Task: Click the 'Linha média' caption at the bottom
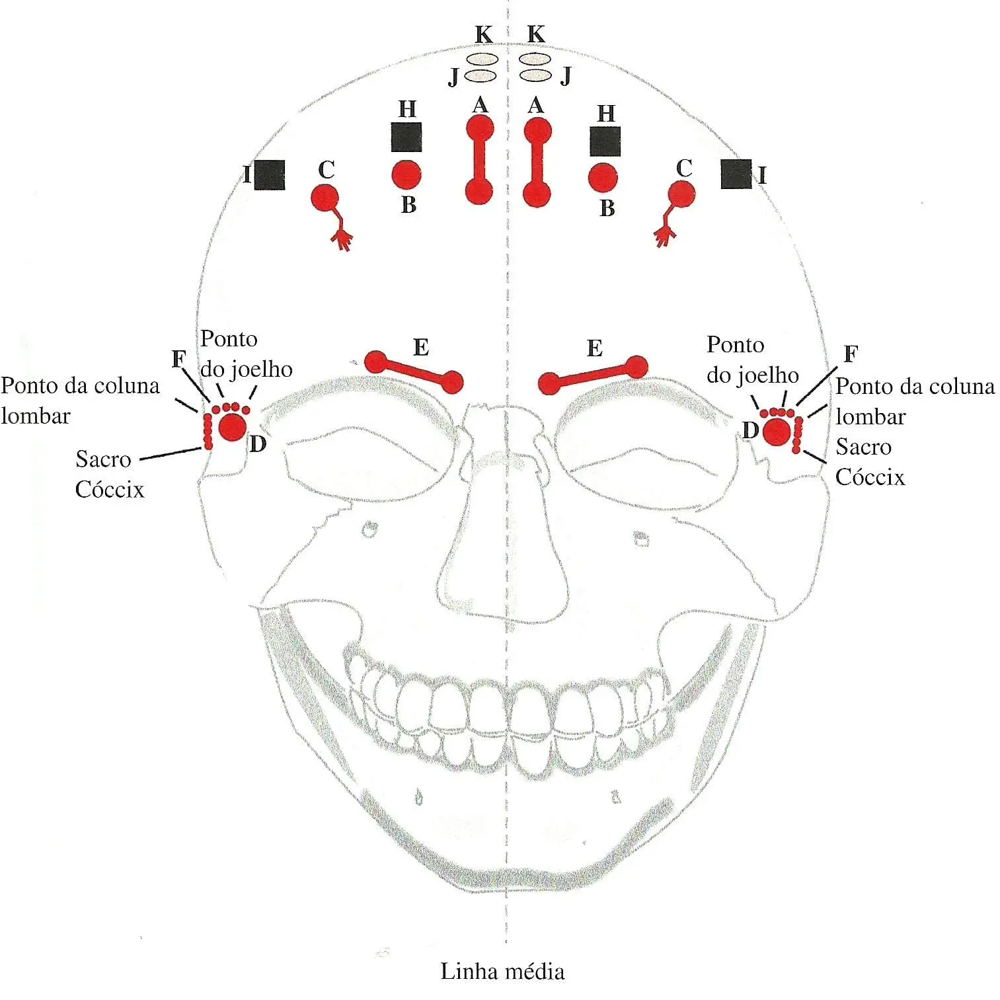(502, 972)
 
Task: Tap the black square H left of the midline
(406, 137)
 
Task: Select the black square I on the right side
(736, 174)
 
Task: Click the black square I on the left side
(270, 174)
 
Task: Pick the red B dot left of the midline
(406, 175)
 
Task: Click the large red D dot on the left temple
(233, 427)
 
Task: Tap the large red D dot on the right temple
(776, 432)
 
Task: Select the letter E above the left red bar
(420, 347)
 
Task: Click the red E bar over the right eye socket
(593, 375)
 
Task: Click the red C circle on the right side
(681, 194)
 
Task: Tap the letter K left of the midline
(484, 34)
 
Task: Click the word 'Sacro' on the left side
(103, 459)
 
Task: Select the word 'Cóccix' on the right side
(870, 477)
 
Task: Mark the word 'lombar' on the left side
(36, 416)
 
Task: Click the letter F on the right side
(851, 354)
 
